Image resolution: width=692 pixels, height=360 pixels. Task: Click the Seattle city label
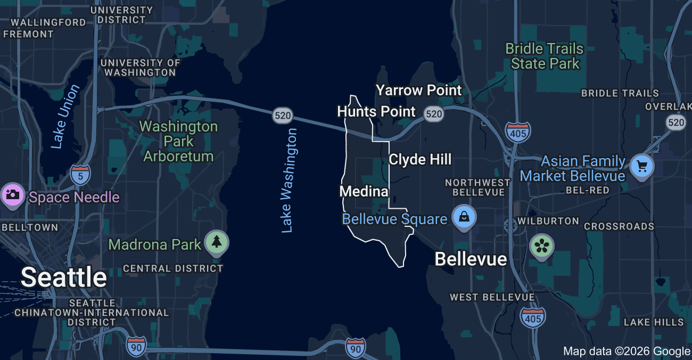(x=64, y=277)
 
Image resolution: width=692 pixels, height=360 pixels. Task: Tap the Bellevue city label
(x=471, y=259)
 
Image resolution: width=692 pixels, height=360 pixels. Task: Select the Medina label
(x=364, y=191)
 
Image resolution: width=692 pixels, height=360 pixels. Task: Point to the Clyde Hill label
(x=420, y=159)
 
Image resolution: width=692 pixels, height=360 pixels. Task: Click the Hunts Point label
(x=376, y=111)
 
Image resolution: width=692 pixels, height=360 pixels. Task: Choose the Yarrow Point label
(x=419, y=90)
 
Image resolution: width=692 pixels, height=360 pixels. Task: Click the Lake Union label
(x=65, y=116)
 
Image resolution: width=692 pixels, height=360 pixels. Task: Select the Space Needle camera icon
(x=12, y=194)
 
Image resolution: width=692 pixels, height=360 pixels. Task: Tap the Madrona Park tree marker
(x=217, y=242)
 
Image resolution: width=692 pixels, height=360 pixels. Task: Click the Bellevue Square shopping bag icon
(x=464, y=217)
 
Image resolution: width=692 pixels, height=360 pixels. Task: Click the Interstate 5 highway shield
(x=80, y=174)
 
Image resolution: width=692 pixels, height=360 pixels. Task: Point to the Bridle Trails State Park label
(x=544, y=56)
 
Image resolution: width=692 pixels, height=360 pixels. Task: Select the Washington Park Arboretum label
(x=178, y=141)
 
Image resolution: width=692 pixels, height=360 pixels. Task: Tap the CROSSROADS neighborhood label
(x=619, y=226)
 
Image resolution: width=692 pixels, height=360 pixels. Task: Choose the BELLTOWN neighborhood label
(x=29, y=227)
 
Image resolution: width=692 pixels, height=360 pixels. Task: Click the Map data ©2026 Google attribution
(x=627, y=351)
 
